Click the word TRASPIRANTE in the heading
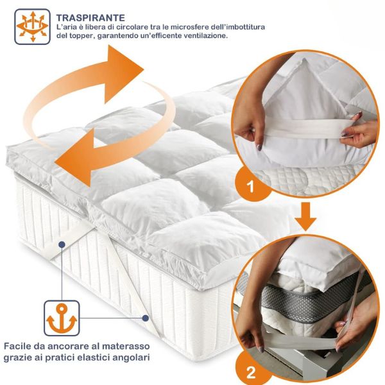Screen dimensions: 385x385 (x=90, y=18)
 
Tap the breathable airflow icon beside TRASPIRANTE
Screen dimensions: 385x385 (x=33, y=26)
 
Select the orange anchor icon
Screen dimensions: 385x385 (x=62, y=318)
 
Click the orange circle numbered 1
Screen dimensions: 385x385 (x=250, y=186)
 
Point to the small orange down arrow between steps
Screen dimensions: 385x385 (x=305, y=216)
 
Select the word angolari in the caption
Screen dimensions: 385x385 (x=132, y=357)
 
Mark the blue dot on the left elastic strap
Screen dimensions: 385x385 (x=62, y=244)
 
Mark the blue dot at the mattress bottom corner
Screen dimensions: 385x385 (x=146, y=318)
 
